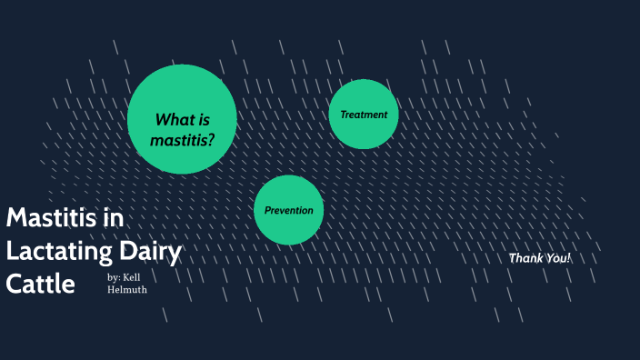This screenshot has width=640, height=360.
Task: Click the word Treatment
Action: pyautogui.click(x=364, y=115)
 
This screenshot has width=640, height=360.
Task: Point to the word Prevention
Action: pyautogui.click(x=288, y=210)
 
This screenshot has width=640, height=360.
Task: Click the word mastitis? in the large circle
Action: pyautogui.click(x=183, y=141)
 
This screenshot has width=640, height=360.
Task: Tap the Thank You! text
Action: pyautogui.click(x=540, y=258)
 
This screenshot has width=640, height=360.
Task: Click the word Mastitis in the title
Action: pyautogui.click(x=53, y=218)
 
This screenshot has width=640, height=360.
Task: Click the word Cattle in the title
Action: pyautogui.click(x=40, y=284)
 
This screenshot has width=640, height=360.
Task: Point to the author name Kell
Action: pyautogui.click(x=132, y=277)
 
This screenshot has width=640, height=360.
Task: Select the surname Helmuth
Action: pyautogui.click(x=127, y=290)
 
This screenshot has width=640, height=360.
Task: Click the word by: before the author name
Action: pyautogui.click(x=113, y=277)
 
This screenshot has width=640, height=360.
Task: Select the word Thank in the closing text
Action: pyautogui.click(x=524, y=258)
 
